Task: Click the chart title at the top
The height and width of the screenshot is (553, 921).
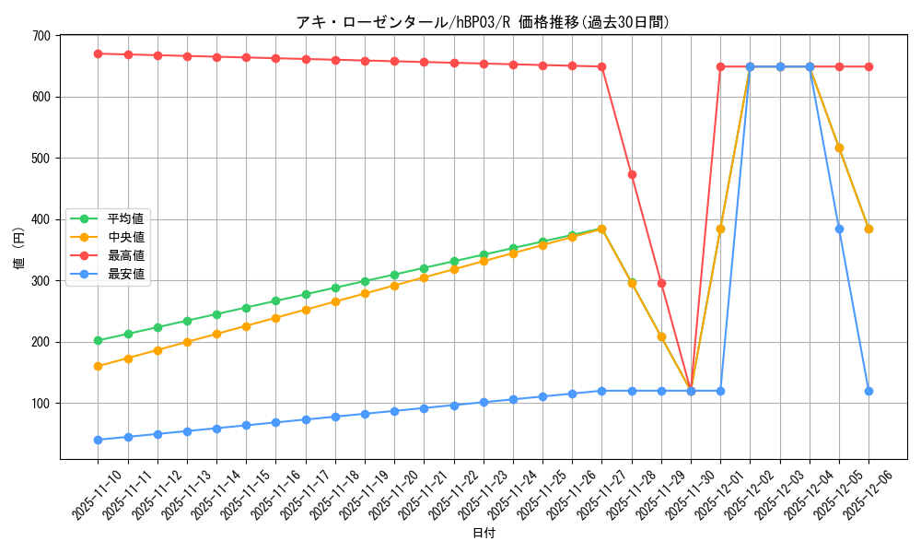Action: coord(483,22)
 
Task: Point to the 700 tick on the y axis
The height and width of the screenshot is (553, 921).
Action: coord(40,36)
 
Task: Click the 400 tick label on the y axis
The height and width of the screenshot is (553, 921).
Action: coord(40,219)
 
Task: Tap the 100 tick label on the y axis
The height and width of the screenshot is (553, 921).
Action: coord(40,404)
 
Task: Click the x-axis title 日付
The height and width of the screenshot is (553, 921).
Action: coord(483,534)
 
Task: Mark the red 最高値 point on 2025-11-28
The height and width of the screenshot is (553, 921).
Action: coord(632,174)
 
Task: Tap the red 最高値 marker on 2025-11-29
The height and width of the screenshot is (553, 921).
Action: coord(661,283)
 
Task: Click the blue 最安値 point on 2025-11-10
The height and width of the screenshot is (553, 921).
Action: coord(98,440)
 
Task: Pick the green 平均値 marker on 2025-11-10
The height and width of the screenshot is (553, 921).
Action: coord(98,340)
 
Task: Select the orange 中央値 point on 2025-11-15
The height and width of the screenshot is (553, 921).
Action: coord(246,326)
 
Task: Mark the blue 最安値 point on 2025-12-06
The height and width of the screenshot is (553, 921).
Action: coord(869,391)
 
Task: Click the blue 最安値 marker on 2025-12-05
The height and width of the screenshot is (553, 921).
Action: coord(839,229)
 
